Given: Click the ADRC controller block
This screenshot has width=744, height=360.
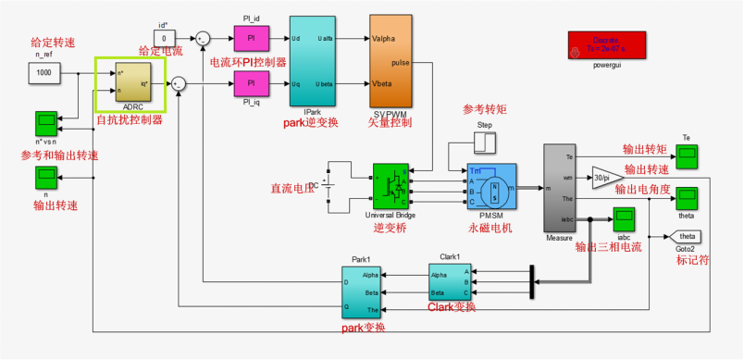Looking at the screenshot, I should (x=130, y=84).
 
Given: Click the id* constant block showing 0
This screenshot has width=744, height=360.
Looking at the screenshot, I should (x=164, y=38).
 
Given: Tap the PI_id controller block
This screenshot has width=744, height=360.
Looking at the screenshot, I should (x=249, y=38).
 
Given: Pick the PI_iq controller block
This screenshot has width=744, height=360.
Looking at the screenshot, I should (x=249, y=84).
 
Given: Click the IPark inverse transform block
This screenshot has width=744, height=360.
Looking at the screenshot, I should (x=312, y=61).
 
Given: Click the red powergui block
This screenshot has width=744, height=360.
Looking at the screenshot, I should (x=609, y=44).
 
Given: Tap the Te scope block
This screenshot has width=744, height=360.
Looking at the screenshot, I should (x=687, y=156).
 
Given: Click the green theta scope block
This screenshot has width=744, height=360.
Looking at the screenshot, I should (x=687, y=197).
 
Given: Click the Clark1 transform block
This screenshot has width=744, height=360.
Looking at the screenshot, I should (x=450, y=281).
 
